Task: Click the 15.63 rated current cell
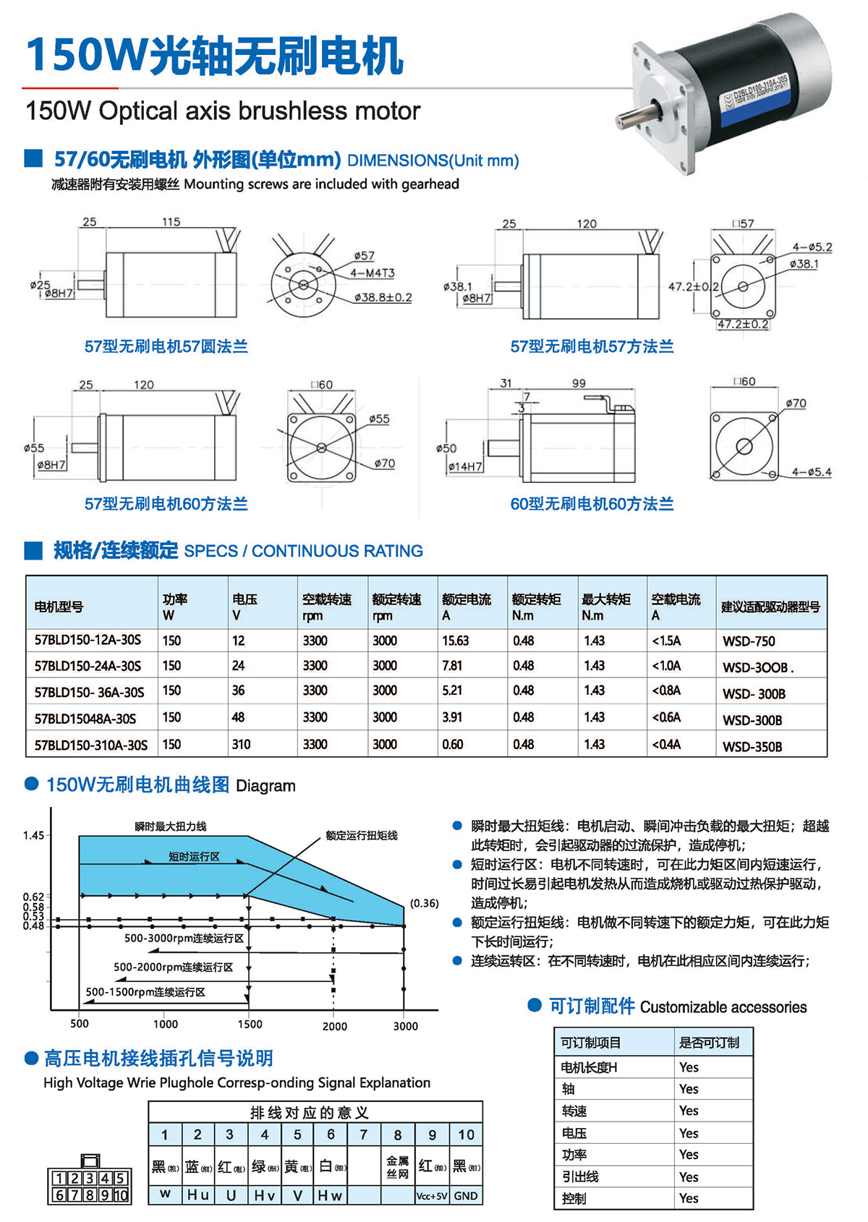coord(456,641)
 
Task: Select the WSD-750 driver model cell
coord(749,641)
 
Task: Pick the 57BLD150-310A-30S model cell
coord(91,745)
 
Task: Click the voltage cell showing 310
coord(241,745)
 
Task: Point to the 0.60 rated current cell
coord(453,745)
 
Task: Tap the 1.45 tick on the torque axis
coord(33,836)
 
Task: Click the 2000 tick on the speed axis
coord(335,1026)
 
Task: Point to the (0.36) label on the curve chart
coord(424,903)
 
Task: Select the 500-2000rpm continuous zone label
coord(173,967)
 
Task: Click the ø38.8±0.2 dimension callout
coord(383,297)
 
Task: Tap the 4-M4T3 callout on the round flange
coord(373,273)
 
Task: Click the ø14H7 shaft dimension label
coord(464,467)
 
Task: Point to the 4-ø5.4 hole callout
coord(812,472)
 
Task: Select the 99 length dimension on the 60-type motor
coord(579,383)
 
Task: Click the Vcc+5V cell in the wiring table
coord(432,1196)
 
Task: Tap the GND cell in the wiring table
coord(466,1196)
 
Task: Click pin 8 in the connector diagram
coord(90,1195)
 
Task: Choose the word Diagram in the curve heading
coord(265,786)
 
